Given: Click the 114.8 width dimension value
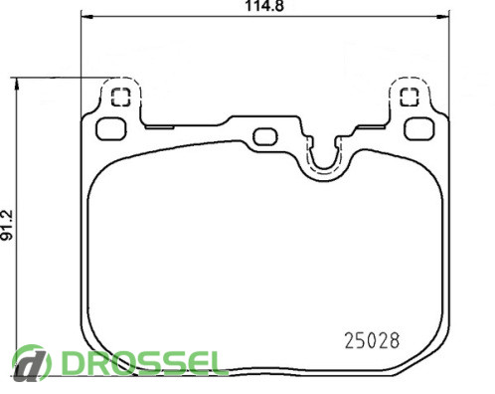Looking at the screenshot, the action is (x=264, y=6).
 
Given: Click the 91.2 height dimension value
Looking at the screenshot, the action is (x=7, y=225).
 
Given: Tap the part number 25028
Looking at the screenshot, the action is (x=372, y=340).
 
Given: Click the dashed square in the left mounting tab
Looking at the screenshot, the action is (x=120, y=98).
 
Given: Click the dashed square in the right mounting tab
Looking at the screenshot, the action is (x=410, y=97).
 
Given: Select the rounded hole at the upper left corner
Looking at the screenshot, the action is (x=110, y=129).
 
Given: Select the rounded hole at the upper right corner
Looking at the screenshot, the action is (x=419, y=129).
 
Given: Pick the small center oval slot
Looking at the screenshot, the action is (x=265, y=136).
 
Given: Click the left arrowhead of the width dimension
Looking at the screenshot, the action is (x=86, y=17).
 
